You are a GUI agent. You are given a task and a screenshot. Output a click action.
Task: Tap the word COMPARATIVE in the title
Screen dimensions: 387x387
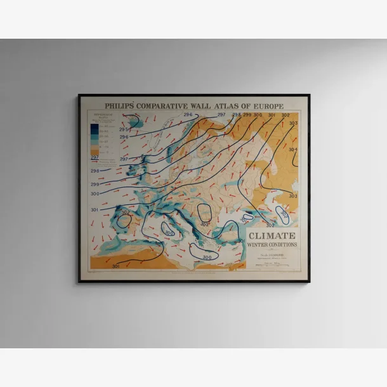[164, 105]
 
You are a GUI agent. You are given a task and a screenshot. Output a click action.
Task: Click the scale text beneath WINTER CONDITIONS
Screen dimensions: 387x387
[272, 256]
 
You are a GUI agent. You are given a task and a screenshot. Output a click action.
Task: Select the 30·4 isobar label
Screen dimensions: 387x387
[292, 150]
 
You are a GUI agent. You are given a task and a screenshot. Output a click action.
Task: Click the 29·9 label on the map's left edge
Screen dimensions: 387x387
[95, 184]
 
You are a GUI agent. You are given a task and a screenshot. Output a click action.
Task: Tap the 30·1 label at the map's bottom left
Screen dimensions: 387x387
[115, 266]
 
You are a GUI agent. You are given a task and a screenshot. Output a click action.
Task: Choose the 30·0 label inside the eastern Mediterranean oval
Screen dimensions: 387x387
[207, 257]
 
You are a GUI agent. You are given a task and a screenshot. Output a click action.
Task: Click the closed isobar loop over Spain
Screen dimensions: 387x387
[124, 220]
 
